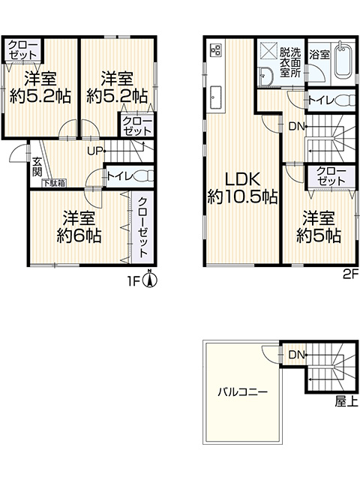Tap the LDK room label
242,179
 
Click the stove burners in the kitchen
215,49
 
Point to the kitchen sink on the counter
215,97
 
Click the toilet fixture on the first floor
144,176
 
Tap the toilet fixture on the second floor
345,100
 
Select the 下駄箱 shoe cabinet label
54,183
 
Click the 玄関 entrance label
37,167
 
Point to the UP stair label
94,151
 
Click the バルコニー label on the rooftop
243,391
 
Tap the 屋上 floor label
346,401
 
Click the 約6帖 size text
79,235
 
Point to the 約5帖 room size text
319,236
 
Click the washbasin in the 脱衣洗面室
265,76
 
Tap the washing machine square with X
268,49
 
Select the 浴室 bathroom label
319,55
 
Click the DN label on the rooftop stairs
296,355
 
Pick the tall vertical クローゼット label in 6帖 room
142,227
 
